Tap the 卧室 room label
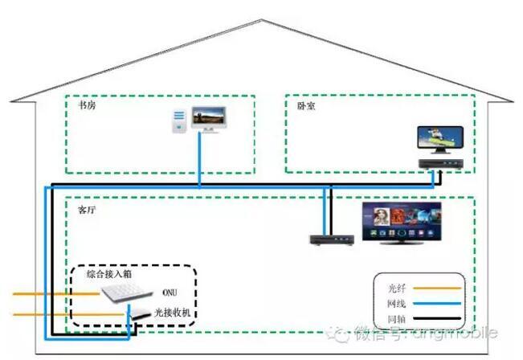click(306, 104)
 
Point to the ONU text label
click(170, 292)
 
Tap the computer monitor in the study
click(208, 121)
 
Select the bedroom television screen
click(440, 138)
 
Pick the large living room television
click(401, 221)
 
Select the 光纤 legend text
click(396, 286)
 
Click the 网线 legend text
click(396, 304)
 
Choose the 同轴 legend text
click(396, 321)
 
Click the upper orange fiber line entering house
click(48, 294)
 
